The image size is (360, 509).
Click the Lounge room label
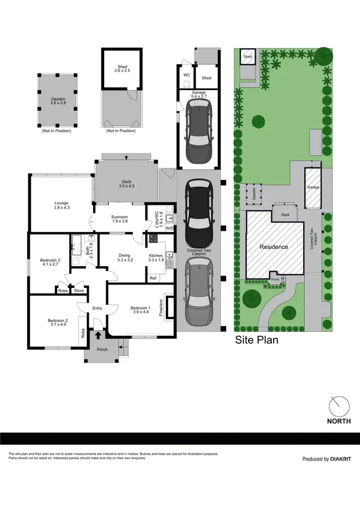click(62, 205)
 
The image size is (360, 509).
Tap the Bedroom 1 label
click(141, 308)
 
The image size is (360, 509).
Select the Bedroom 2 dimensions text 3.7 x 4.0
click(57, 324)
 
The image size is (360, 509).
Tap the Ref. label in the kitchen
click(154, 278)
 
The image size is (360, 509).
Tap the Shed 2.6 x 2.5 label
click(121, 69)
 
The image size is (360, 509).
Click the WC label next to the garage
click(187, 75)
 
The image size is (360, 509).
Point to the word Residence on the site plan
click(274, 247)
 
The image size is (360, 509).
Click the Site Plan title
click(256, 341)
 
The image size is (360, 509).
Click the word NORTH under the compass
click(339, 421)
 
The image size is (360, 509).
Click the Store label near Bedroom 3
click(79, 290)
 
